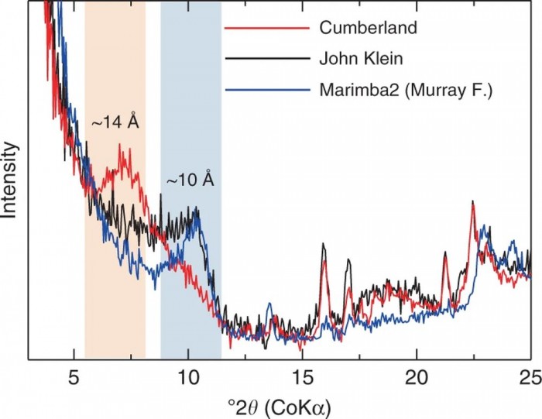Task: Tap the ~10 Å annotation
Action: tap(190, 180)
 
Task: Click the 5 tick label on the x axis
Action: tap(74, 377)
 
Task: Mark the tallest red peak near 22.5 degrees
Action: tap(472, 202)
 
